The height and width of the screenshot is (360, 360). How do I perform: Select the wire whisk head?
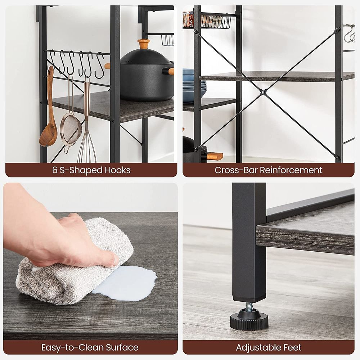pos(87,148)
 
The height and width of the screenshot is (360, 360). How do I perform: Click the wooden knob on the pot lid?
pos(144,44)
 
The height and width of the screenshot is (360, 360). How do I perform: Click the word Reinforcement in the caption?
pos(292,170)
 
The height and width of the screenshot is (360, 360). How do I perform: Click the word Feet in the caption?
pos(292,347)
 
